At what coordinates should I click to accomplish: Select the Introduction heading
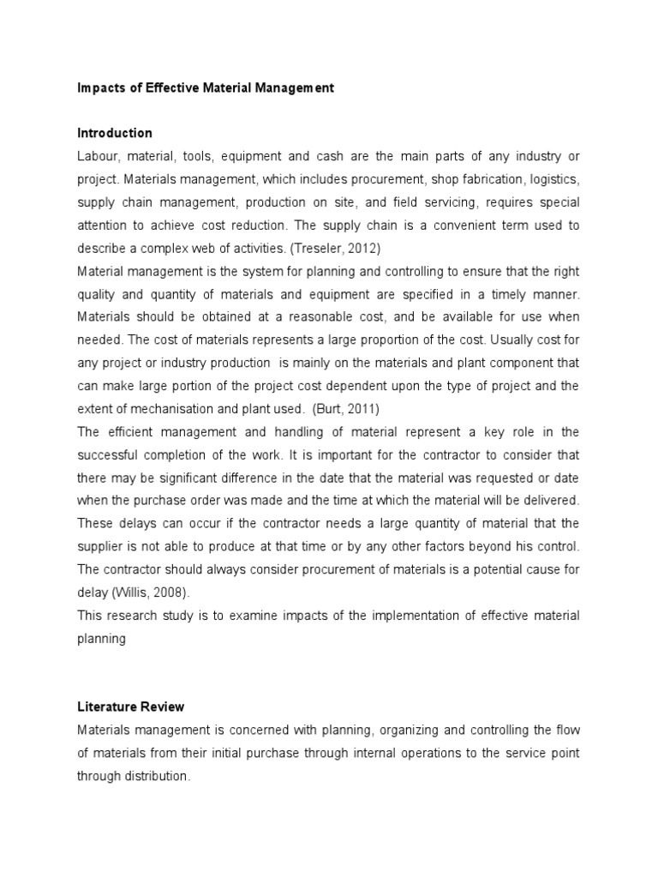[115, 133]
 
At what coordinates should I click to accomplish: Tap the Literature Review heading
[130, 707]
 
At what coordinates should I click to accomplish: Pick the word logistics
[553, 179]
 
